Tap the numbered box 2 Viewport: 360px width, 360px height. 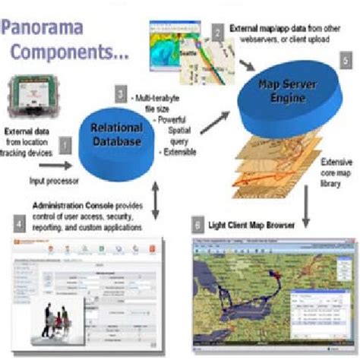pyautogui.click(x=218, y=32)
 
